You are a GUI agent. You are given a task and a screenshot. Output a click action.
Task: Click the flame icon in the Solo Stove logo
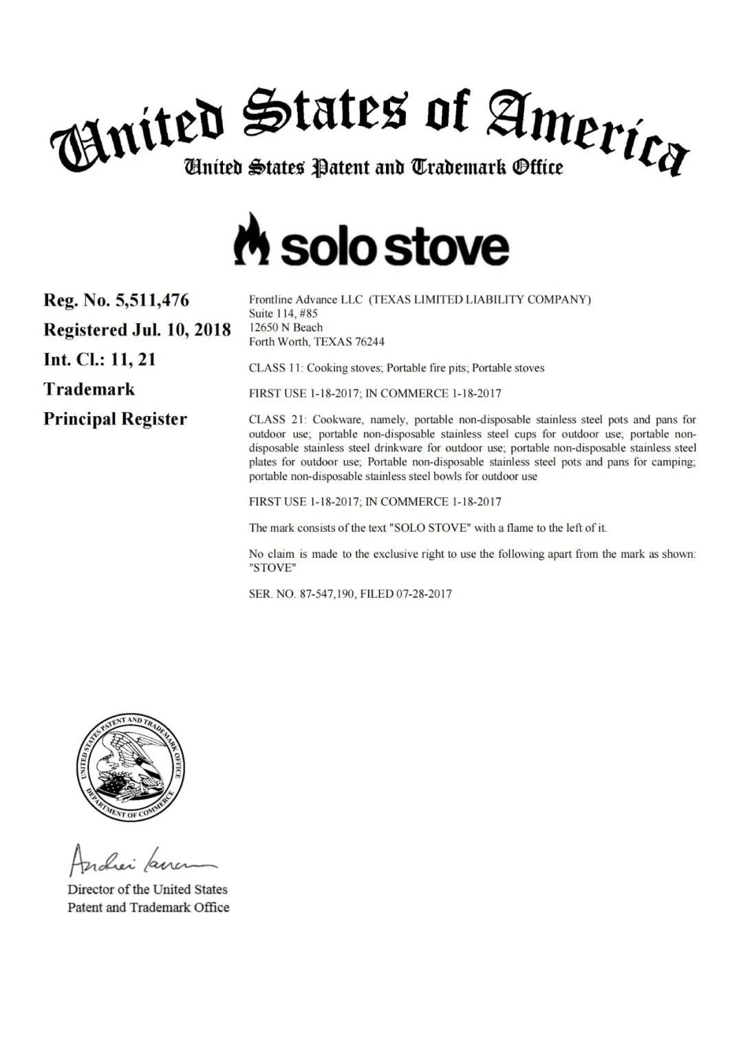click(x=251, y=239)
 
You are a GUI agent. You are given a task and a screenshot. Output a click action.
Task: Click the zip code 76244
click(x=370, y=342)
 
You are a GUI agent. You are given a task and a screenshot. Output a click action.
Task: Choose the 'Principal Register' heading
click(x=115, y=419)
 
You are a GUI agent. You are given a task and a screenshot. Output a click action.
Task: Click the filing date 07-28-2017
click(x=424, y=594)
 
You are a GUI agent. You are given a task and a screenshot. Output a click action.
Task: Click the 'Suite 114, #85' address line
click(x=283, y=314)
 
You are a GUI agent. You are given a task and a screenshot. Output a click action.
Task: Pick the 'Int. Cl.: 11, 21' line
click(x=100, y=360)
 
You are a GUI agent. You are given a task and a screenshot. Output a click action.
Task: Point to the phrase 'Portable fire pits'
click(x=427, y=368)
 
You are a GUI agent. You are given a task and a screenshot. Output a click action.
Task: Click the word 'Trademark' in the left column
click(x=89, y=389)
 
